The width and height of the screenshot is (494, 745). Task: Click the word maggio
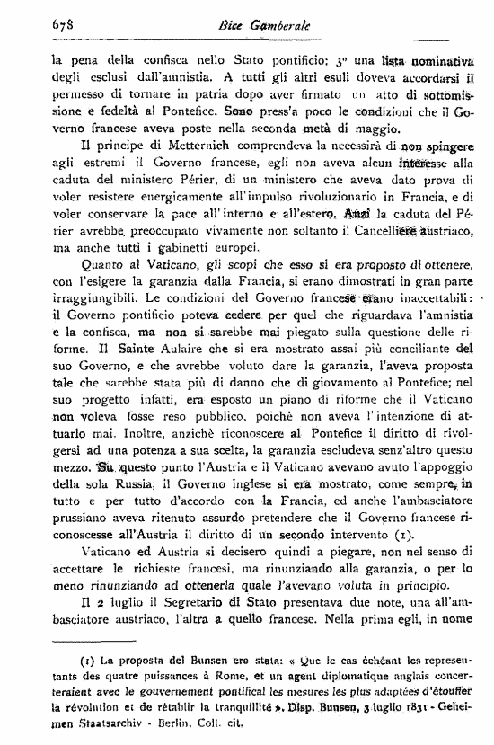coord(368,120)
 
